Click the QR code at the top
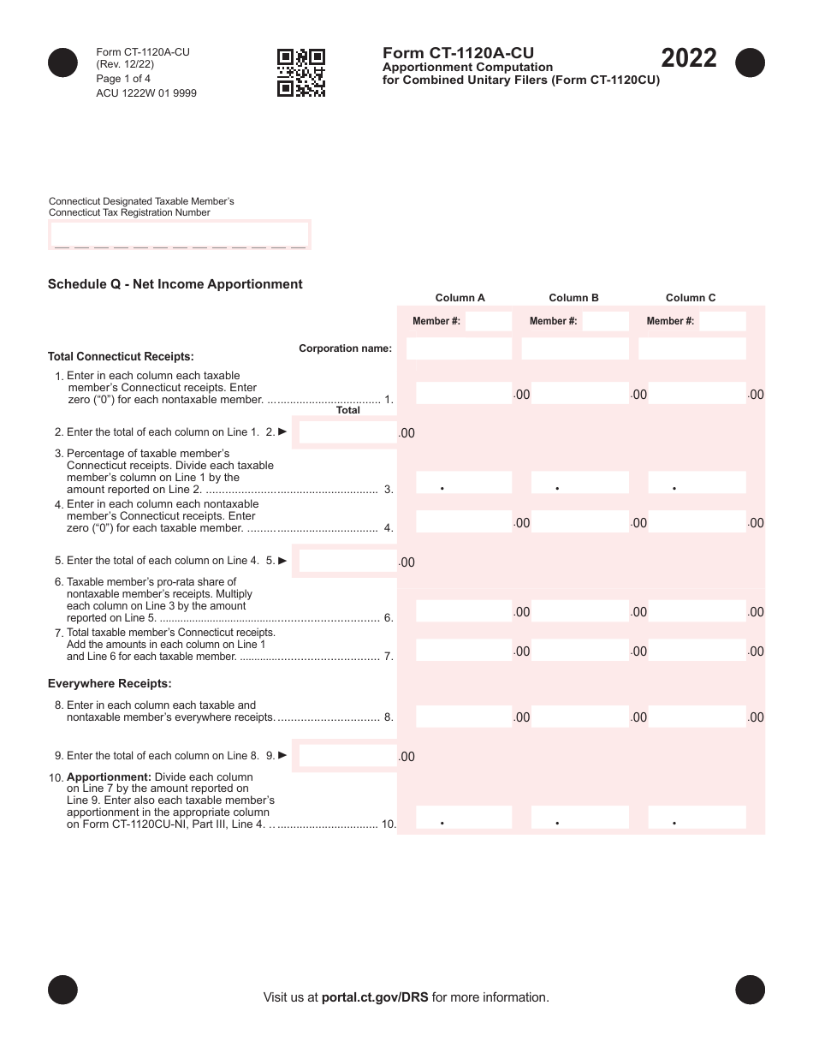coord(301,73)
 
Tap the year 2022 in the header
coord(688,59)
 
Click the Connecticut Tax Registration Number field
coord(179,235)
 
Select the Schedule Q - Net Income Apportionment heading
coord(175,284)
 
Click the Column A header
coord(460,298)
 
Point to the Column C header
coord(691,298)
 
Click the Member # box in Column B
coord(605,321)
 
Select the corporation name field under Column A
coord(459,348)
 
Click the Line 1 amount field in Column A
coord(463,393)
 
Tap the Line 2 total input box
coord(348,432)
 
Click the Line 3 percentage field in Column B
coord(580,483)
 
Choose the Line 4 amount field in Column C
coord(697,521)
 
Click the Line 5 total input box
coord(348,561)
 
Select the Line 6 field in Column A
coord(463,610)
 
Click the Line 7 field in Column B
coord(580,650)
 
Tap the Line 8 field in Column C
coord(697,717)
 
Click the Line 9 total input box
coord(348,756)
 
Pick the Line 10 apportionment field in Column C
coord(697,818)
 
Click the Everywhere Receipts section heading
coord(110,683)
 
